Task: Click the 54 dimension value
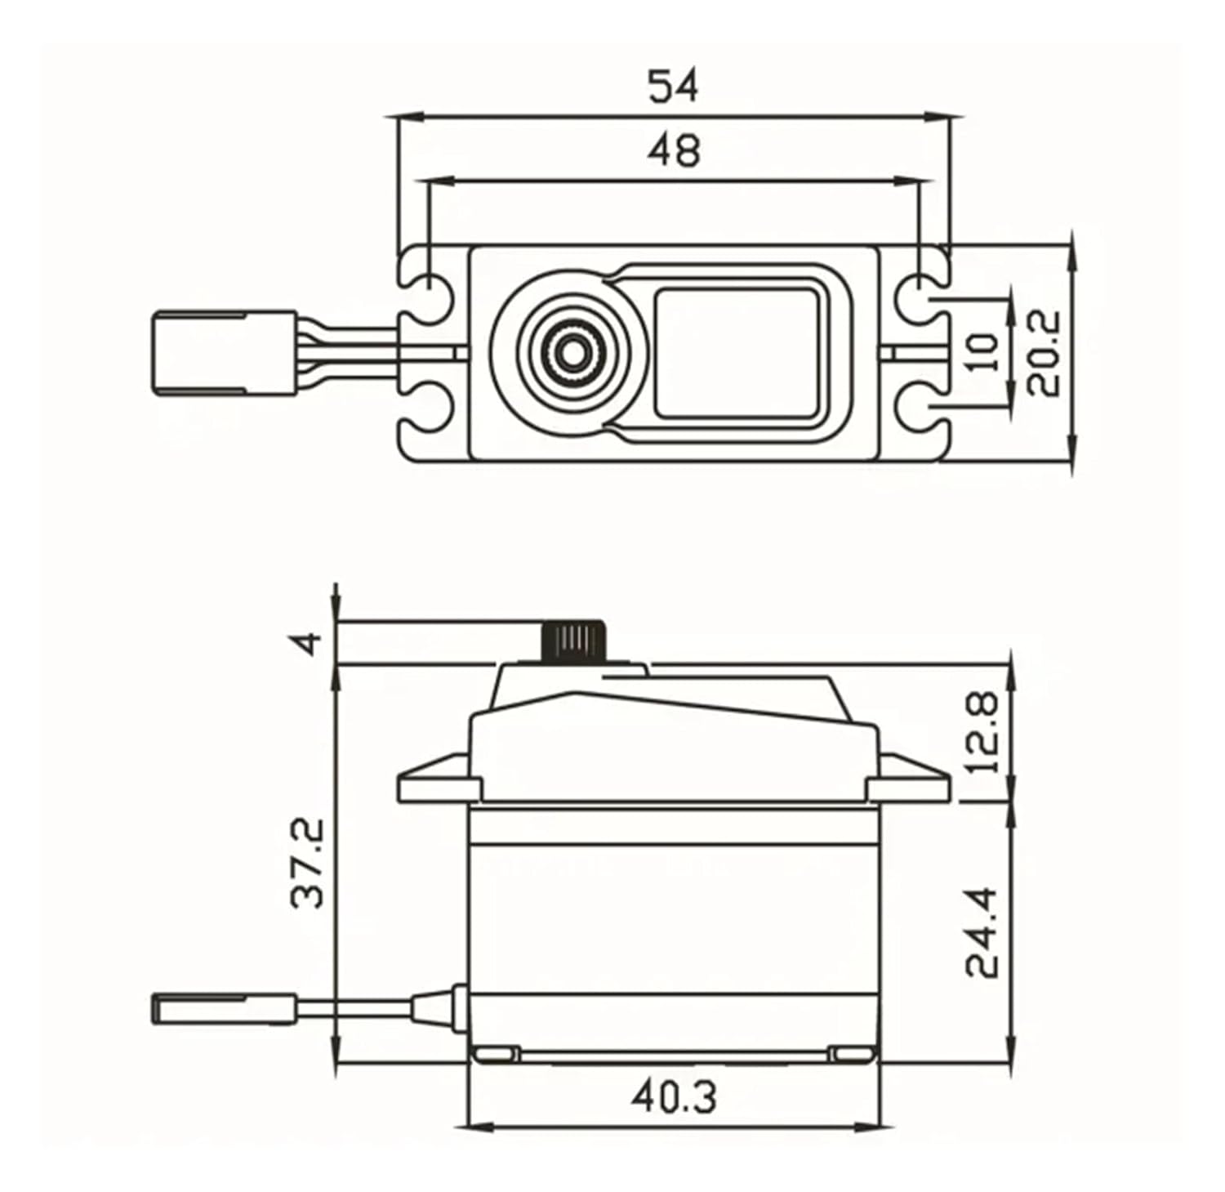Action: [674, 87]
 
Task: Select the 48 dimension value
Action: [674, 151]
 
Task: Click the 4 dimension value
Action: [308, 644]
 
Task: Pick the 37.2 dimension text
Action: [308, 863]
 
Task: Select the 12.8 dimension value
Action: [983, 732]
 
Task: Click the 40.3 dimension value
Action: [674, 1096]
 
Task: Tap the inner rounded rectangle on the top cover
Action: [737, 352]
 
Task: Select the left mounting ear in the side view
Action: [437, 782]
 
